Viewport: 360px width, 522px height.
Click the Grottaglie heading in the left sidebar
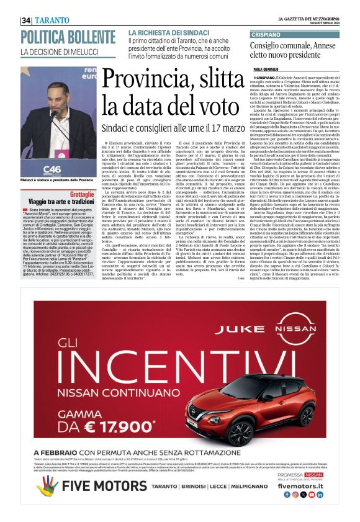80,194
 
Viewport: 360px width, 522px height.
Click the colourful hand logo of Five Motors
49,485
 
